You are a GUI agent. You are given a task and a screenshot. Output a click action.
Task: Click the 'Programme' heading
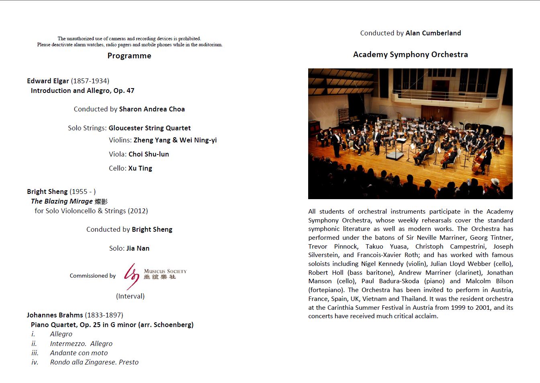(x=129, y=56)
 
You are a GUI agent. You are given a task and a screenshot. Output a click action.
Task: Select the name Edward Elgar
(x=48, y=81)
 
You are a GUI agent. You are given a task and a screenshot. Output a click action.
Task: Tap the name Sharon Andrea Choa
(x=152, y=109)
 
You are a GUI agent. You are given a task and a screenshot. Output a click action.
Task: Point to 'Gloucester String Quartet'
(x=149, y=128)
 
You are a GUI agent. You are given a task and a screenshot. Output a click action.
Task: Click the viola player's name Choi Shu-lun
(x=149, y=154)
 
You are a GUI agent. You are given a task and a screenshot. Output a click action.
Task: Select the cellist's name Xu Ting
(x=140, y=168)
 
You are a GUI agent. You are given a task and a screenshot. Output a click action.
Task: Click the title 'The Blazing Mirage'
(x=62, y=201)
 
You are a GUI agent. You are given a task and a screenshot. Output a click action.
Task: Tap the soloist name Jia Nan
(x=138, y=248)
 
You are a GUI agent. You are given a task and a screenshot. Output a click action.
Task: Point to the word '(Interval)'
(x=130, y=296)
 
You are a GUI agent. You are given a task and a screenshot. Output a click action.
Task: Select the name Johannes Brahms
(x=55, y=315)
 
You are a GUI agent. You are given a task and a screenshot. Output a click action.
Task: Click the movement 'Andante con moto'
(x=79, y=353)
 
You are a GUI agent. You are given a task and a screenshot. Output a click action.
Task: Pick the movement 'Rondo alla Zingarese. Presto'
(x=94, y=362)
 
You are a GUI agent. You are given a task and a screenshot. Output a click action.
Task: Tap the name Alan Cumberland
(x=433, y=33)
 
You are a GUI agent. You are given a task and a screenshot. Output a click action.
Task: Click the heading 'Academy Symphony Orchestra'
(x=410, y=54)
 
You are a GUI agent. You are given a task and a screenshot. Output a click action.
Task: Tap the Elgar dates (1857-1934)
(x=90, y=81)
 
